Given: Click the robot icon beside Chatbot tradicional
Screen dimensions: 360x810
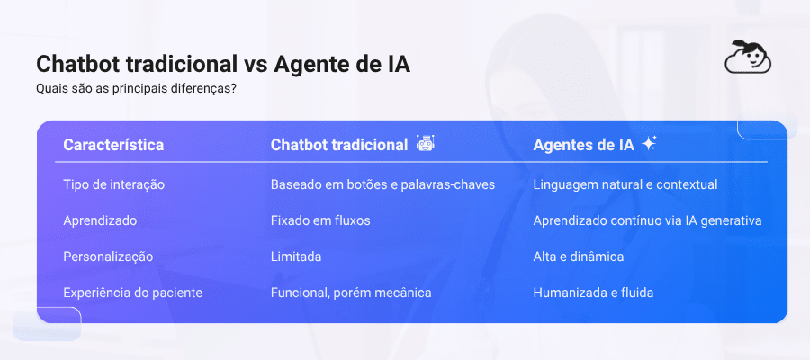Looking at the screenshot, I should pyautogui.click(x=426, y=144).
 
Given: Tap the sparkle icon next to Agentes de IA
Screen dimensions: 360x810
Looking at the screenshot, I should pyautogui.click(x=649, y=144).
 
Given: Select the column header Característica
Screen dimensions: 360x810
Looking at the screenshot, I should pyautogui.click(x=113, y=145).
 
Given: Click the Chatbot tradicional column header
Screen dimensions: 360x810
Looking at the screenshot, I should pyautogui.click(x=339, y=145).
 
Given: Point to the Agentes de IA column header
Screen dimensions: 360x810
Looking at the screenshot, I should pyautogui.click(x=583, y=145).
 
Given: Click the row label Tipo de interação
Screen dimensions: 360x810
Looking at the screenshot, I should pyautogui.click(x=113, y=184).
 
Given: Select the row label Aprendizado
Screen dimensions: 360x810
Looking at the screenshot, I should pyautogui.click(x=100, y=220).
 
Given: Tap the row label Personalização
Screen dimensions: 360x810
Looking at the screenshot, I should pyautogui.click(x=108, y=256).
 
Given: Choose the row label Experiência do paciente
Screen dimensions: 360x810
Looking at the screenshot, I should pyautogui.click(x=132, y=292).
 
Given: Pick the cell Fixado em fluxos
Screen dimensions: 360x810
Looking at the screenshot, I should pyautogui.click(x=320, y=220).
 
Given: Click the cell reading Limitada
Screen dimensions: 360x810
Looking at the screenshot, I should pyautogui.click(x=296, y=256).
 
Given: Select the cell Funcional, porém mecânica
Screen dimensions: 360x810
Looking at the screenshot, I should pyautogui.click(x=351, y=292).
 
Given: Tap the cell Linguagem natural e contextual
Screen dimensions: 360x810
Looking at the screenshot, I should pyautogui.click(x=625, y=184).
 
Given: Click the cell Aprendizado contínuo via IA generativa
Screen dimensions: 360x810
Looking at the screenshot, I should pyautogui.click(x=648, y=220).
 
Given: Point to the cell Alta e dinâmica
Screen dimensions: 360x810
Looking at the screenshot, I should pyautogui.click(x=579, y=256).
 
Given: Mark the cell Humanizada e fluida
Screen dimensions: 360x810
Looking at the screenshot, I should pyautogui.click(x=593, y=292).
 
